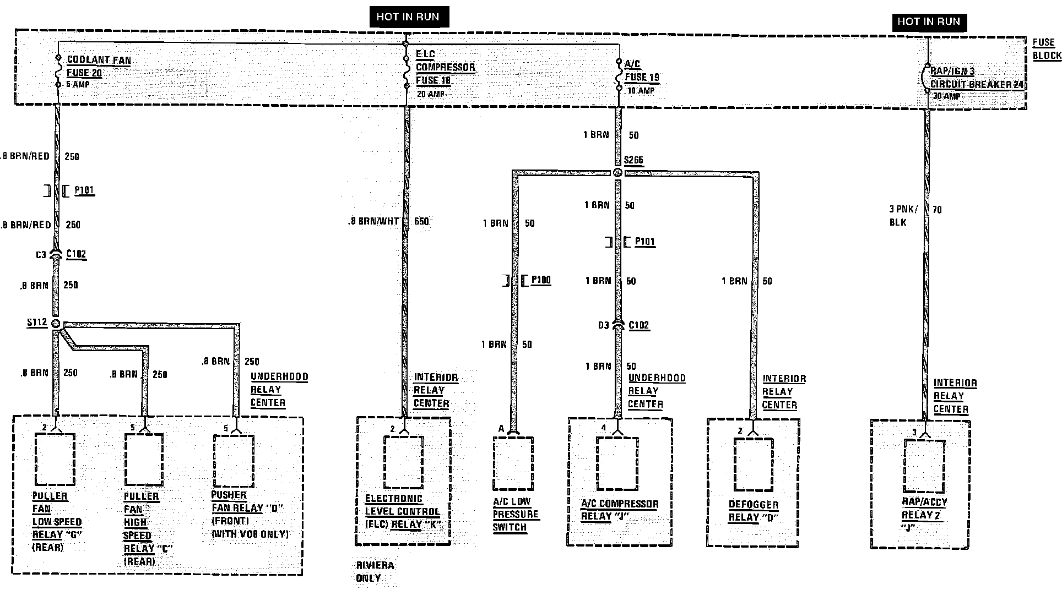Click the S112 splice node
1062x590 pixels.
pyautogui.click(x=56, y=324)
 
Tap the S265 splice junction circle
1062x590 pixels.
pyautogui.click(x=617, y=173)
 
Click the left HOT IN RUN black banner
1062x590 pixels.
pyautogui.click(x=408, y=17)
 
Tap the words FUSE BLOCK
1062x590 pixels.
pyautogui.click(x=1045, y=49)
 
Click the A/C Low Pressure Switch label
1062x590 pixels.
pyautogui.click(x=514, y=514)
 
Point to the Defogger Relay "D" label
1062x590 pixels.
pyautogui.click(x=753, y=511)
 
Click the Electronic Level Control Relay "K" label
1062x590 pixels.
pyautogui.click(x=402, y=512)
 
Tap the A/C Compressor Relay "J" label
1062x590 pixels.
pyautogui.click(x=619, y=510)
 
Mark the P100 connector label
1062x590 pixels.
pyautogui.click(x=540, y=280)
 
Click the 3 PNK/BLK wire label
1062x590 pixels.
pyautogui.click(x=903, y=216)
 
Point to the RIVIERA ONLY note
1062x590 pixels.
pyautogui.click(x=375, y=572)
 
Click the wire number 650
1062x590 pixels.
pyautogui.click(x=421, y=221)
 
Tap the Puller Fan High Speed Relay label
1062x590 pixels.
pyautogui.click(x=140, y=528)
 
